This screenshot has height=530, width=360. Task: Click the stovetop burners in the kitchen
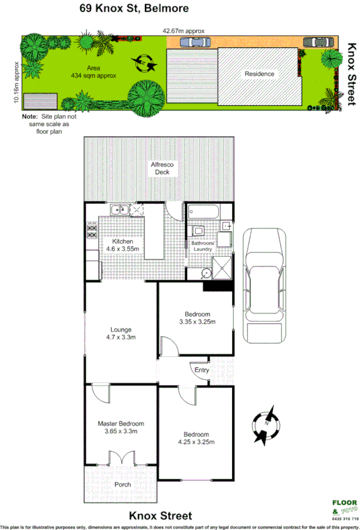tap(92, 229)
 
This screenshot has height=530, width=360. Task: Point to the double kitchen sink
tap(119, 209)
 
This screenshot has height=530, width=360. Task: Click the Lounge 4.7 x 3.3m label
tap(121, 333)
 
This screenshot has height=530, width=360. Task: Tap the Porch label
tap(122, 484)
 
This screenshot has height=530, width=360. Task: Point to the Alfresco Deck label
tap(160, 168)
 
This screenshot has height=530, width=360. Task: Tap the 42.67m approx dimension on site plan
tap(184, 31)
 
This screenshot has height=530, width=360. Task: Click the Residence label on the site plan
tap(259, 73)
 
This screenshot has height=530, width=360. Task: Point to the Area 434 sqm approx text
tap(94, 72)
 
